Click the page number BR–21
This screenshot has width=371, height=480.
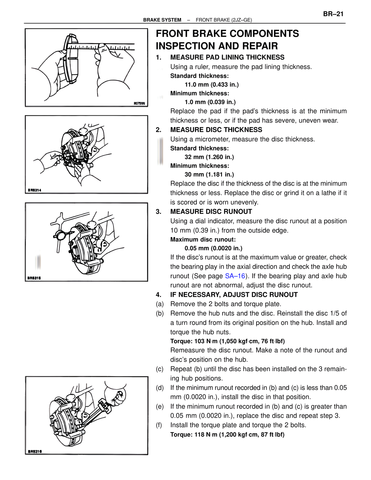pos(333,14)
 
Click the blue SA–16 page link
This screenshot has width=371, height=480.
pos(235,276)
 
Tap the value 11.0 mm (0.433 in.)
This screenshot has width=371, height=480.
pos(212,85)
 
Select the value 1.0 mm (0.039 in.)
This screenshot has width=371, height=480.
pos(210,102)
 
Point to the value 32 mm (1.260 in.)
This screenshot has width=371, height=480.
pos(209,157)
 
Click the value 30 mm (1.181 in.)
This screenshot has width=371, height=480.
pos(209,174)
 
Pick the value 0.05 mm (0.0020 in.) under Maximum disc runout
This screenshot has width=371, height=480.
pos(213,248)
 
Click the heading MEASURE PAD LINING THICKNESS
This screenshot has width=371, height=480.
pos(227,57)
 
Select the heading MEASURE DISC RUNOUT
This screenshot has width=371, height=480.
pos(211,212)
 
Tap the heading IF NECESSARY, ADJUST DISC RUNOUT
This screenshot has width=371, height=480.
pos(234,295)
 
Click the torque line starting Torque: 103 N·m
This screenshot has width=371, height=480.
pos(228,341)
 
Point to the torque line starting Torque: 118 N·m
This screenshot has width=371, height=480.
pos(227,434)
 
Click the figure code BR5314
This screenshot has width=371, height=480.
pos(34,190)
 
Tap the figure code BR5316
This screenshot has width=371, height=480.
pos(35,451)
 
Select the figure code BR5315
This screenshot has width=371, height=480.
pos(34,278)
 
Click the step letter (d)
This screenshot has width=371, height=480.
pos(160,388)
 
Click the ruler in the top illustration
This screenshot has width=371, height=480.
pos(116,46)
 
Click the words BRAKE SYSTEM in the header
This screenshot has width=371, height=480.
pos(162,20)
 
